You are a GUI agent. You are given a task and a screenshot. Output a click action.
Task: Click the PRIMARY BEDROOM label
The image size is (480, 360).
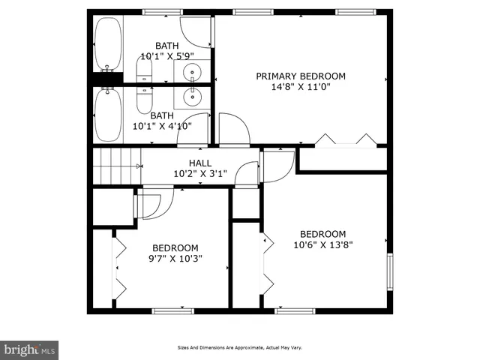pyautogui.click(x=301, y=76)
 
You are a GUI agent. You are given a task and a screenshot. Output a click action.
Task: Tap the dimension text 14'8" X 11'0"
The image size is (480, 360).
pyautogui.click(x=301, y=86)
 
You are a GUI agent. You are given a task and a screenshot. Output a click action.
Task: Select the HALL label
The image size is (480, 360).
pyautogui.click(x=199, y=163)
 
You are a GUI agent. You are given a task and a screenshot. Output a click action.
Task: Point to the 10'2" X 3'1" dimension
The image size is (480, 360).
pyautogui.click(x=199, y=173)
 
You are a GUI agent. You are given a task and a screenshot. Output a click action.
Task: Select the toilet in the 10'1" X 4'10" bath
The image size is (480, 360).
pyautogui.click(x=144, y=97)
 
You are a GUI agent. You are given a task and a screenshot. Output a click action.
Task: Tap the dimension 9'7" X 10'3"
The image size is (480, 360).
pyautogui.click(x=175, y=259)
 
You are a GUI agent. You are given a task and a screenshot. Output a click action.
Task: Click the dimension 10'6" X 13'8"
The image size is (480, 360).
pyautogui.click(x=322, y=244)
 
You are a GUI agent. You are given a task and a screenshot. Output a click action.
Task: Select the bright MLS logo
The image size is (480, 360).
pyautogui.click(x=30, y=349)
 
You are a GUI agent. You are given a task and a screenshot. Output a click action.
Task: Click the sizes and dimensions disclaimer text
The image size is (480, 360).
pyautogui.click(x=239, y=348)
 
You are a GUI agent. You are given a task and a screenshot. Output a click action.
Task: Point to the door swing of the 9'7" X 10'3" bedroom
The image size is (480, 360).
pyautogui.click(x=154, y=202)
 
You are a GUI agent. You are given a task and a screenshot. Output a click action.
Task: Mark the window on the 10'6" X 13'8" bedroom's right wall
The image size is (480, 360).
pyautogui.click(x=390, y=271)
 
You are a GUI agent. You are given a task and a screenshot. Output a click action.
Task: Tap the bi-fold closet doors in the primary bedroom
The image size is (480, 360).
pyautogui.click(x=345, y=140)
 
